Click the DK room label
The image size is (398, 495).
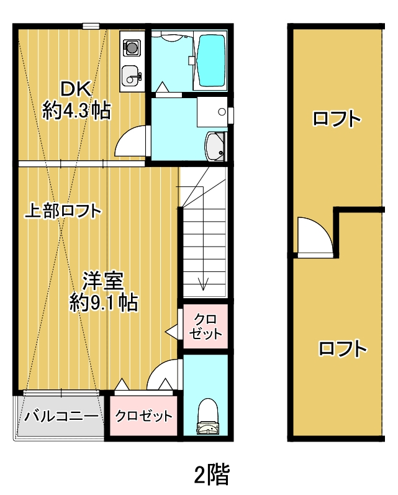pyautogui.click(x=76, y=89)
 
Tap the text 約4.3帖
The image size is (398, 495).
pyautogui.click(x=77, y=110)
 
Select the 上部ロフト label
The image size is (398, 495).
pyautogui.click(x=63, y=211)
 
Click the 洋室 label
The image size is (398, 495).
pyautogui.click(x=103, y=281)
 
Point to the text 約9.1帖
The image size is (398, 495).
pyautogui.click(x=104, y=302)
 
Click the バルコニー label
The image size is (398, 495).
pyautogui.click(x=61, y=416)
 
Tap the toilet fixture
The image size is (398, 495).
pyautogui.click(x=208, y=416)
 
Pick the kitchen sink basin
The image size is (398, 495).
pyautogui.click(x=130, y=76)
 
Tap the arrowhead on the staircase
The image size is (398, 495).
pyautogui.click(x=203, y=284)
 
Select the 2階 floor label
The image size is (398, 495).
pyautogui.click(x=212, y=474)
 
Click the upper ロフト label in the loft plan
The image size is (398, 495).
pyautogui.click(x=337, y=119)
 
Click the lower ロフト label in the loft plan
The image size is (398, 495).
pyautogui.click(x=343, y=348)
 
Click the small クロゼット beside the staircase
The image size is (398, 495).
pyautogui.click(x=206, y=327)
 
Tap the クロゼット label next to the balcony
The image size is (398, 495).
pyautogui.click(x=143, y=416)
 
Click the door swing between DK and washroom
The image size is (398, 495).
pyautogui.click(x=125, y=136)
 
